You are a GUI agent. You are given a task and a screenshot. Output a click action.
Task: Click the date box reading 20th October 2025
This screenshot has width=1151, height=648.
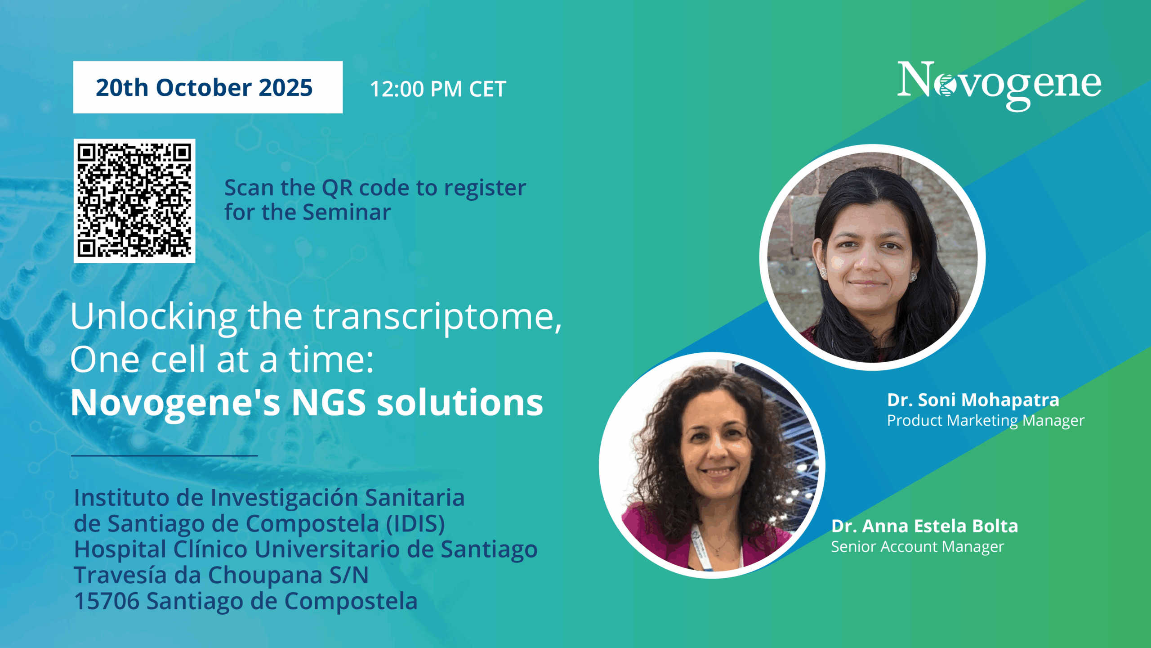208,87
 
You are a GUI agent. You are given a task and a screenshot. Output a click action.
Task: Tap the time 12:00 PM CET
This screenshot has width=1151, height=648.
438,89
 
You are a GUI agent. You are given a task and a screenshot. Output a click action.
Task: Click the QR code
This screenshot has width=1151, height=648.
134,201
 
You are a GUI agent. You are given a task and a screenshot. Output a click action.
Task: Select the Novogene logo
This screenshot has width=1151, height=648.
999,85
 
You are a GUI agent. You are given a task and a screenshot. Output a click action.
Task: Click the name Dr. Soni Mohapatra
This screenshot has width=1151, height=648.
973,400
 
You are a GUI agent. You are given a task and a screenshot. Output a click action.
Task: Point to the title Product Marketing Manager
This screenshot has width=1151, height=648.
986,421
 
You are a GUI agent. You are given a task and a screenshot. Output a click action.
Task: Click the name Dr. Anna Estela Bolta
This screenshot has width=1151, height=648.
924,526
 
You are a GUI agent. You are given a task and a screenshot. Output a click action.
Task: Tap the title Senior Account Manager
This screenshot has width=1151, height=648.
917,547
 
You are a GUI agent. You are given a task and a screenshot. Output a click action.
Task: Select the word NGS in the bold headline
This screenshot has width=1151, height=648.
329,402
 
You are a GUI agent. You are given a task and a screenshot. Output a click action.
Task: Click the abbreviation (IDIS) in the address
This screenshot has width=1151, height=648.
415,524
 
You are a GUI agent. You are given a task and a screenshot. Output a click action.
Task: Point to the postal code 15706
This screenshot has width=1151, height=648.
107,601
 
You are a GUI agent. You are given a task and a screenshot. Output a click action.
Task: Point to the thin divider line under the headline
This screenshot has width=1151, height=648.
165,456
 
